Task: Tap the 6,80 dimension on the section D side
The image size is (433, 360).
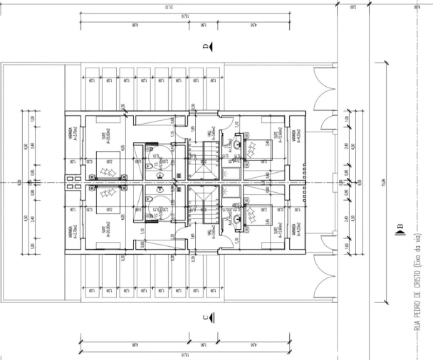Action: point(134,26)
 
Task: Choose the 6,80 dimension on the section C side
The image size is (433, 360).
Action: point(134,344)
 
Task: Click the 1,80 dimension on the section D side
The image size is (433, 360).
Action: point(204,26)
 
